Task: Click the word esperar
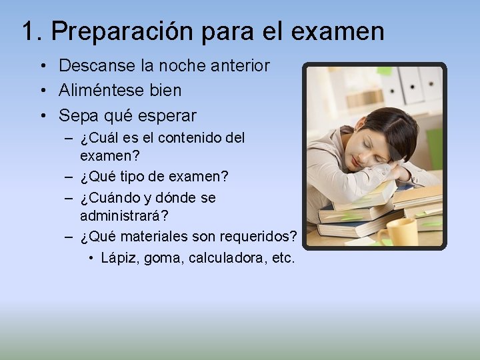167,115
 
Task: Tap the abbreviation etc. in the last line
283,257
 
